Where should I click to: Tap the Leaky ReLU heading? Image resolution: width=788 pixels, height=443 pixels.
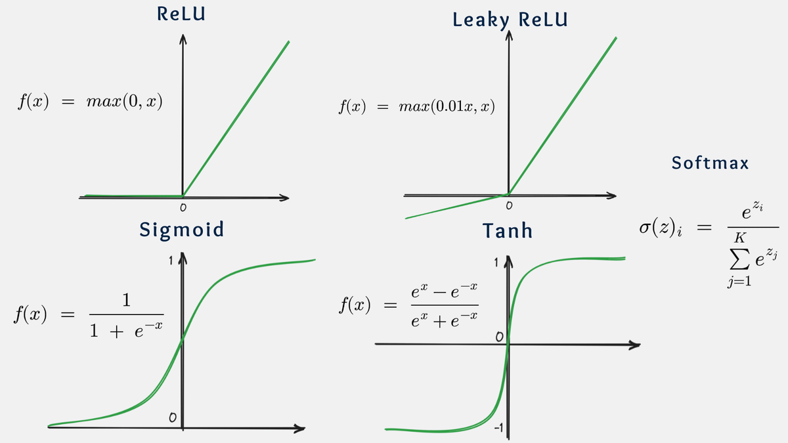pyautogui.click(x=510, y=20)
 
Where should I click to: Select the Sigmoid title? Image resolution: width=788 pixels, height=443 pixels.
pyautogui.click(x=181, y=229)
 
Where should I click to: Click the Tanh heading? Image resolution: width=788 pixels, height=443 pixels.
pyautogui.click(x=507, y=231)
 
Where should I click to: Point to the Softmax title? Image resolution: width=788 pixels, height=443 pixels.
pyautogui.click(x=710, y=163)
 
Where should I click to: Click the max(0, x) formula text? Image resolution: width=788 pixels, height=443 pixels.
pyautogui.click(x=124, y=103)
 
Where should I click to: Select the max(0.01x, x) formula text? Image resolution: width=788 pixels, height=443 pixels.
pyautogui.click(x=446, y=106)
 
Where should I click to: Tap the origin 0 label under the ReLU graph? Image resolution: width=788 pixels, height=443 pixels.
pyautogui.click(x=183, y=208)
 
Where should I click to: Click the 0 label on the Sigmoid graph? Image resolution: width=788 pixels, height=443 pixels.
pyautogui.click(x=172, y=417)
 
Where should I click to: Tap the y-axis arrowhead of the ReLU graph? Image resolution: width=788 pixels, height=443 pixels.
pyautogui.click(x=183, y=41)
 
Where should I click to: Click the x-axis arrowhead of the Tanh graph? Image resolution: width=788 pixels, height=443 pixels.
pyautogui.click(x=635, y=345)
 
